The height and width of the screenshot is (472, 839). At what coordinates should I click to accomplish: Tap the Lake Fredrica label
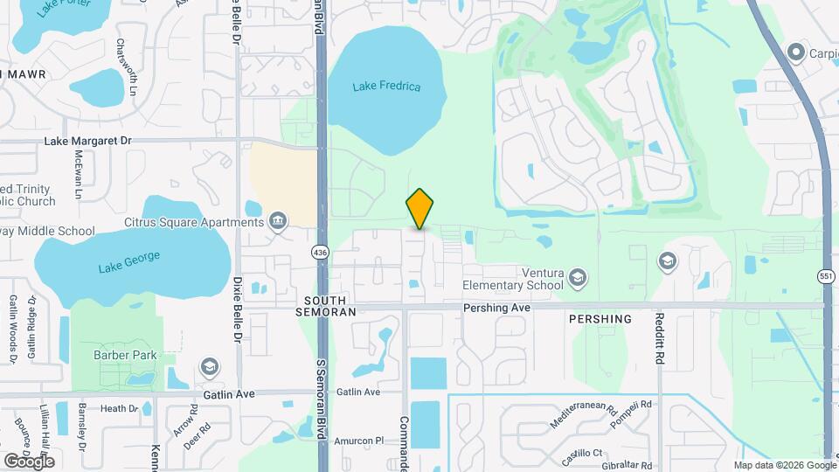pyautogui.click(x=386, y=87)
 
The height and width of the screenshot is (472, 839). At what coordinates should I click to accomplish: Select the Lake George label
pyautogui.click(x=129, y=267)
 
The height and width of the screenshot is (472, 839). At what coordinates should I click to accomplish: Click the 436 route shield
pyautogui.click(x=321, y=252)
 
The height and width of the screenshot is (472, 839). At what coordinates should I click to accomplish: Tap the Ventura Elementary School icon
pyautogui.click(x=577, y=278)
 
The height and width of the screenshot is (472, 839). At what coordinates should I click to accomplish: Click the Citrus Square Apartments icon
pyautogui.click(x=279, y=219)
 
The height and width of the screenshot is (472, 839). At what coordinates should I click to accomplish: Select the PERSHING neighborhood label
pyautogui.click(x=600, y=319)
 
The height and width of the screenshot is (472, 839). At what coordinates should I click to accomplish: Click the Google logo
pyautogui.click(x=30, y=461)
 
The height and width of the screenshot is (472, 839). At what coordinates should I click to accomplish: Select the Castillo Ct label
pyautogui.click(x=584, y=452)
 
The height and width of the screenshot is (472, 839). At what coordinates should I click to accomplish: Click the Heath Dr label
pyautogui.click(x=119, y=408)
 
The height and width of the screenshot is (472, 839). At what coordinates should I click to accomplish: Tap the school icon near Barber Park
pyautogui.click(x=209, y=365)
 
